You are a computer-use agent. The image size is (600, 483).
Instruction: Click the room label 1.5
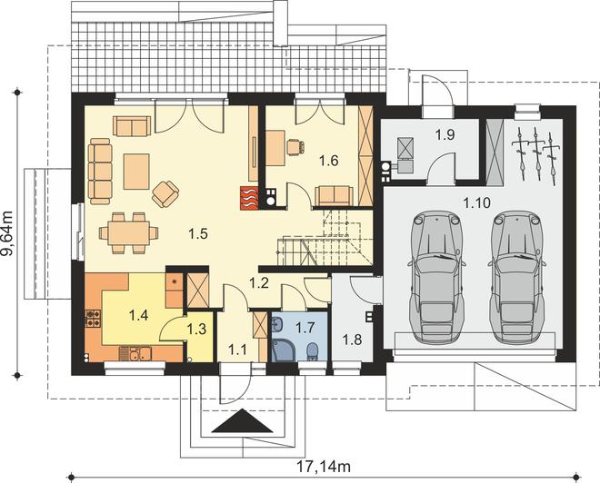(x=198, y=233)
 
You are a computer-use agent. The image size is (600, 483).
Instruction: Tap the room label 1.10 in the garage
(x=476, y=202)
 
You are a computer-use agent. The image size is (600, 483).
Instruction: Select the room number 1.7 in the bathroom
(x=305, y=328)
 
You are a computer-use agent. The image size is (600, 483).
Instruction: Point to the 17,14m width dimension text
(x=324, y=466)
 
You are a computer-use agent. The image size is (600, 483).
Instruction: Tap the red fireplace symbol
(x=249, y=198)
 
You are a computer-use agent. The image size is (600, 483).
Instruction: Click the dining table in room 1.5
(x=128, y=233)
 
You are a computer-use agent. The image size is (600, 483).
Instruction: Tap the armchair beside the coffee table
(x=165, y=193)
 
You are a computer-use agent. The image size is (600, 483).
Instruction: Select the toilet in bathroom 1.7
(x=313, y=351)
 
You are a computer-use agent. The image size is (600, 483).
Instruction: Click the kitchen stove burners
(x=94, y=319)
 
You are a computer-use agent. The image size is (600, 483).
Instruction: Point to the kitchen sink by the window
(x=139, y=354)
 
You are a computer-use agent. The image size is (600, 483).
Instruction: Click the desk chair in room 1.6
(x=295, y=147)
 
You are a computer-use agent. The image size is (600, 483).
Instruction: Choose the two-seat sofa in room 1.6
(x=334, y=196)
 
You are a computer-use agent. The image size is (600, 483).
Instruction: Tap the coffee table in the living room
(x=136, y=172)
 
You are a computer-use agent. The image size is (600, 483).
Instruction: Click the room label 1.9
(x=445, y=134)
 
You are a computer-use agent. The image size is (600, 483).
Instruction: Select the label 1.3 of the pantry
(x=196, y=329)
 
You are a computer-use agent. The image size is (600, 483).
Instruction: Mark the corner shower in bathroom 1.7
(x=284, y=350)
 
